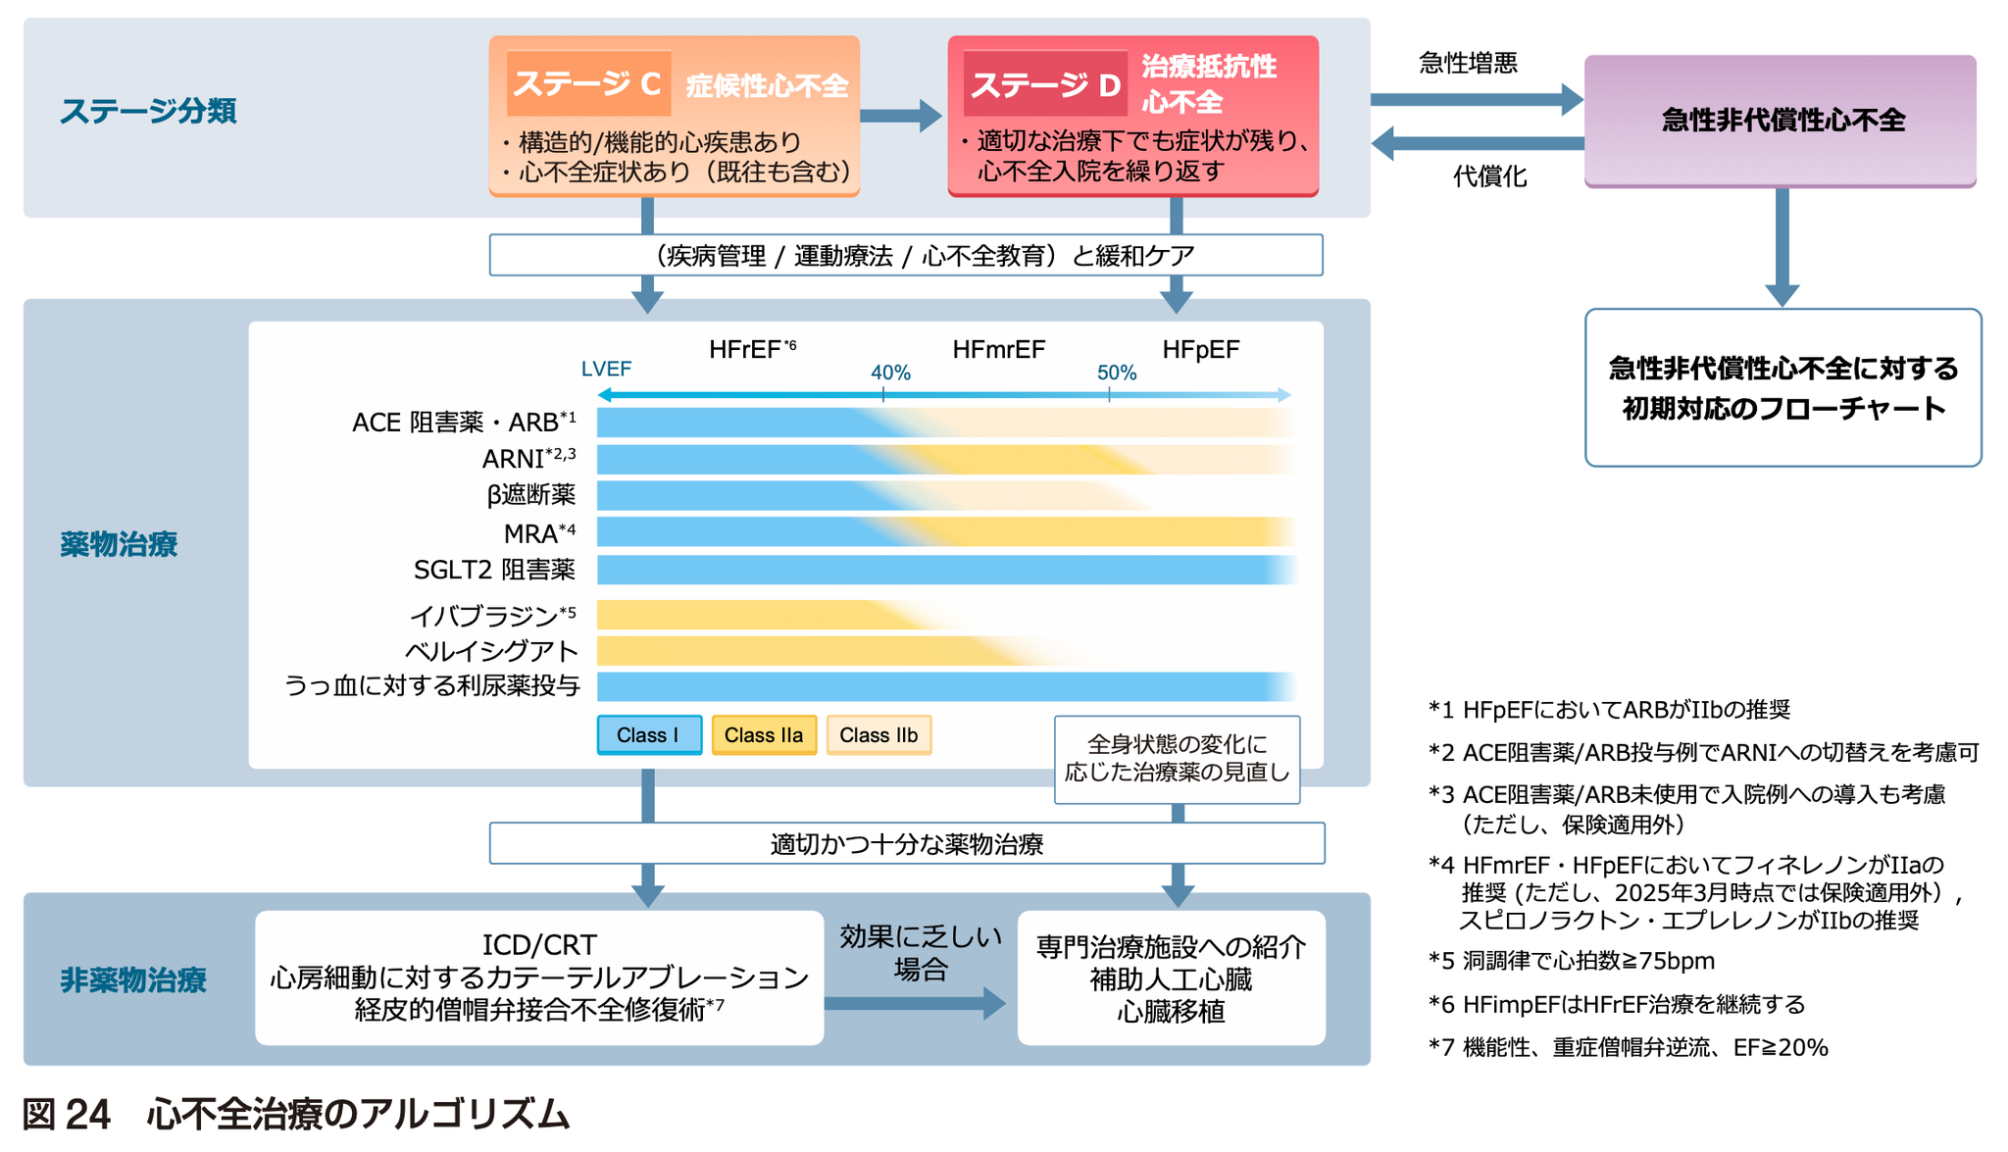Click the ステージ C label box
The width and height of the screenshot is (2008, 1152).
pos(588,83)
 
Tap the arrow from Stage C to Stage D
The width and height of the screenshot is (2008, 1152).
pos(900,116)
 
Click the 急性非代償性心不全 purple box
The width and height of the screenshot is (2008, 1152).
pos(1781,121)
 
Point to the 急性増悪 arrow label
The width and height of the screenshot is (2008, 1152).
pos(1468,64)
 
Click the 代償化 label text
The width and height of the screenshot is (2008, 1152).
pos(1489,176)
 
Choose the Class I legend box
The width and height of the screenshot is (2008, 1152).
pos(648,735)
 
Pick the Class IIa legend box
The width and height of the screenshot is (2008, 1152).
pos(764,735)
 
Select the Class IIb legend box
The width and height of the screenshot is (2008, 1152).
pos(878,735)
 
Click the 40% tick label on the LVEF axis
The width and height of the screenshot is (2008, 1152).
pos(890,373)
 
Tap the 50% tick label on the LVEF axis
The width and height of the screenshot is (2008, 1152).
pos(1116,373)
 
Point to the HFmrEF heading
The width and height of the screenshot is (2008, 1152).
pos(998,350)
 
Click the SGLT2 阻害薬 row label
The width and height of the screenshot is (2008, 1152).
pos(494,570)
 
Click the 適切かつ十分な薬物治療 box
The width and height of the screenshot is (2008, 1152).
pos(907,843)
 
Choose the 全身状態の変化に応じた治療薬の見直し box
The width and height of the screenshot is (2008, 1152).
pos(1177,759)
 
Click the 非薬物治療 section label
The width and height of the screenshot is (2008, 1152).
pos(133,979)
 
